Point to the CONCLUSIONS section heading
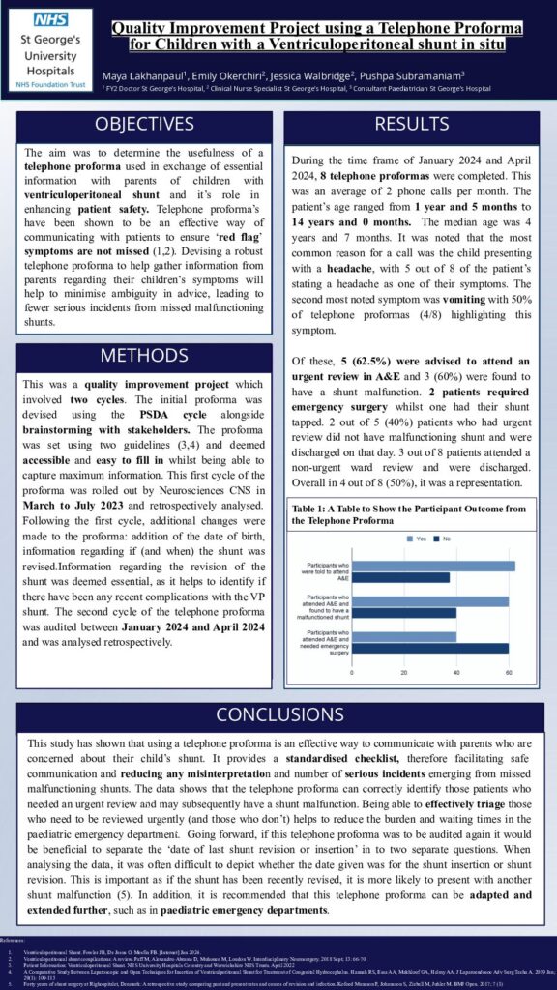click(x=278, y=715)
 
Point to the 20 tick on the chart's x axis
click(x=404, y=670)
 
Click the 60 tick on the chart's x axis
click(x=509, y=670)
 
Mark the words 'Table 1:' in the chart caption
click(x=311, y=508)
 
